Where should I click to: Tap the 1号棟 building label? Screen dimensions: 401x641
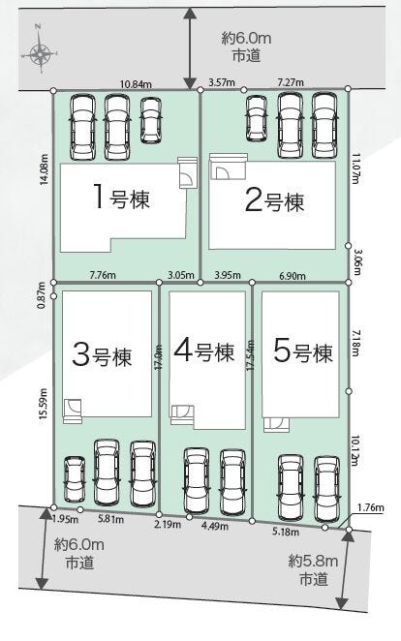point(121,198)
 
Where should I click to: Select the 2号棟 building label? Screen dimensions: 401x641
point(275,200)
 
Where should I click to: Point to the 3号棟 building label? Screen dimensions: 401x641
point(103,355)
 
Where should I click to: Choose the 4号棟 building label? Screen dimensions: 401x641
point(204,351)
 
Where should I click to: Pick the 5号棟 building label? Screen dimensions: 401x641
point(303,351)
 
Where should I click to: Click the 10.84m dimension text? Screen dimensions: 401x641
point(137,84)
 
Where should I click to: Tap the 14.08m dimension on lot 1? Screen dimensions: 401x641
point(45,169)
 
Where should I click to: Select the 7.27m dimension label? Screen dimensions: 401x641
point(291,82)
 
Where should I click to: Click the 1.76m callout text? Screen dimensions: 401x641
point(371,508)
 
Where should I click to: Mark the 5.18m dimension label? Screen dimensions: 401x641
point(286,532)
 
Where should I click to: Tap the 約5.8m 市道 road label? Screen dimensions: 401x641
point(313,569)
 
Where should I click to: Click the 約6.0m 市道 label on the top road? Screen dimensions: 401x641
point(246,47)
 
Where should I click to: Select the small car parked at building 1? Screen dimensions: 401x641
point(151,120)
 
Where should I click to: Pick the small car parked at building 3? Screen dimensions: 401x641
point(76,479)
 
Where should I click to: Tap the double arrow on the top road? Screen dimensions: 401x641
point(189,48)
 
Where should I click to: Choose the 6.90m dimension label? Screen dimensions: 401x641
point(293,276)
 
